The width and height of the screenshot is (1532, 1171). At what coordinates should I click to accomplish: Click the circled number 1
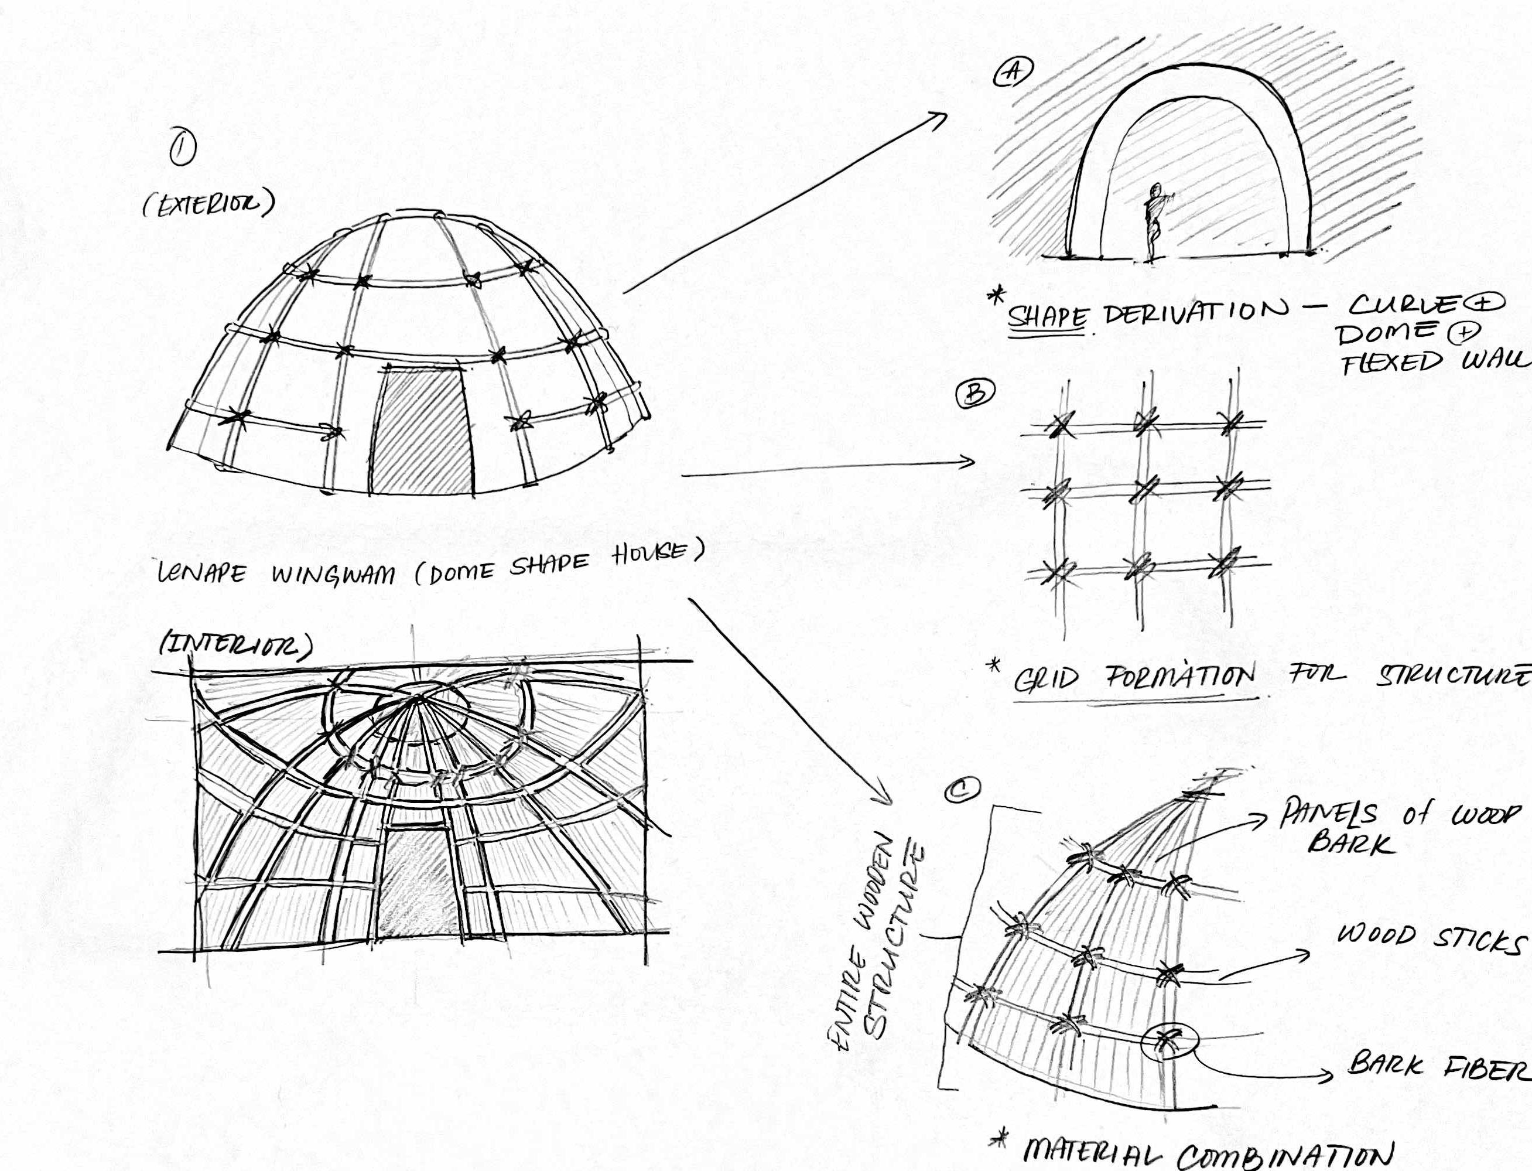click(183, 148)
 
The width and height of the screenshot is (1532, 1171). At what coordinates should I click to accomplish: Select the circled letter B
click(975, 394)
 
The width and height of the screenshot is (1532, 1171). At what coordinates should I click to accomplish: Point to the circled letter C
click(962, 789)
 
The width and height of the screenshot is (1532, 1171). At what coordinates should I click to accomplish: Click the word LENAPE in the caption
click(202, 573)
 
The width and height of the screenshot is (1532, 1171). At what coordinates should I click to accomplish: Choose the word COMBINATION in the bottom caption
click(1286, 1156)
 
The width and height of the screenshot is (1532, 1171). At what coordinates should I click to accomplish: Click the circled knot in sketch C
click(1168, 1040)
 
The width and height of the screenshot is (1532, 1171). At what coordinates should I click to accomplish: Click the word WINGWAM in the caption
click(333, 575)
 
